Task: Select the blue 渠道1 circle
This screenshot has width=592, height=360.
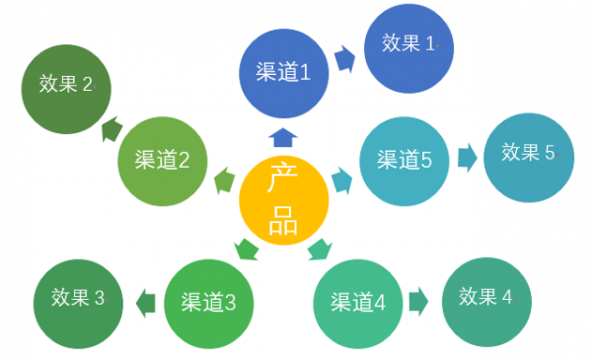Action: pyautogui.click(x=283, y=71)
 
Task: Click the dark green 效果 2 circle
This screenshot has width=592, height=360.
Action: pyautogui.click(x=67, y=86)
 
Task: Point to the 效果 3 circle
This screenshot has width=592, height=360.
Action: pyautogui.click(x=78, y=298)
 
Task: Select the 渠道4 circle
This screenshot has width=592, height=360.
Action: pyautogui.click(x=358, y=302)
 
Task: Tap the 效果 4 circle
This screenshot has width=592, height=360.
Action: pyautogui.click(x=486, y=296)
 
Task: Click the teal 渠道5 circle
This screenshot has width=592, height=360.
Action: pyautogui.click(x=405, y=160)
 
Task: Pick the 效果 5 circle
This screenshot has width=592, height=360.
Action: pyautogui.click(x=529, y=154)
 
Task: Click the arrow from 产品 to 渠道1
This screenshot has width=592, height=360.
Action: pyautogui.click(x=283, y=136)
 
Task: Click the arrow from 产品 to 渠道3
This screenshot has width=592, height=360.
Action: pyautogui.click(x=245, y=250)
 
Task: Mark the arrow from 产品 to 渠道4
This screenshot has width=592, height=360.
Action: pyautogui.click(x=320, y=250)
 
